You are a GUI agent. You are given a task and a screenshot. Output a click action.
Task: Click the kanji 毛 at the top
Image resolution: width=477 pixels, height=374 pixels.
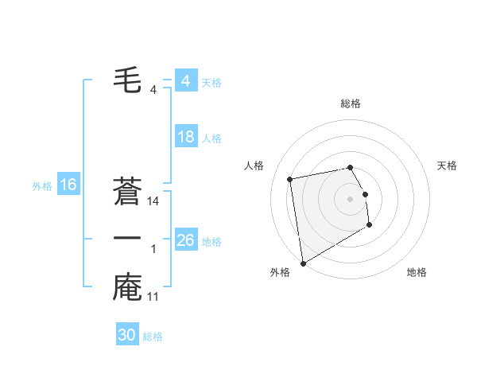128,80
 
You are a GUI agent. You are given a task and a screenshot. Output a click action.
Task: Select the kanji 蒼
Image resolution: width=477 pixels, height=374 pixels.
128,191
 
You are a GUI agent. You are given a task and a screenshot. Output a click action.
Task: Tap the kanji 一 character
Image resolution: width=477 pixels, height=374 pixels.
128,239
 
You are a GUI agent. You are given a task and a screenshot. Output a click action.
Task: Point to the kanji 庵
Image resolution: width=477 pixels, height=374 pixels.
128,287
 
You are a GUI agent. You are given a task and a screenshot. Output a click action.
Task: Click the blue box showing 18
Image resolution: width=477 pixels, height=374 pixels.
186,137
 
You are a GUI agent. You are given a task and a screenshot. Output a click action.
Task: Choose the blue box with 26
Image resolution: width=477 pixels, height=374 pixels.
186,240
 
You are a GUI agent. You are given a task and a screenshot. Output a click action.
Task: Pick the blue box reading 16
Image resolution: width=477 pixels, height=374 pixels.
68,185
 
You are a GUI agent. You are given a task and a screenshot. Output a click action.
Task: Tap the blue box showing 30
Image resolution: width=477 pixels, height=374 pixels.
127,335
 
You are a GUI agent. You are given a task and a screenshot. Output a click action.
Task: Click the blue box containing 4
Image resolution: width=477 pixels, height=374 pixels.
186,81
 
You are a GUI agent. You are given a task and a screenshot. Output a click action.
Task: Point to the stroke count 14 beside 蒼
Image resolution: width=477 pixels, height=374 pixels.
154,202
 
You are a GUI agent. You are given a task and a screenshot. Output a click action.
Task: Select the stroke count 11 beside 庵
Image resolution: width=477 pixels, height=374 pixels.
154,298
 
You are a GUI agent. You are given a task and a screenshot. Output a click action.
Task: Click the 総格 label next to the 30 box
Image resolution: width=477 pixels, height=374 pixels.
153,337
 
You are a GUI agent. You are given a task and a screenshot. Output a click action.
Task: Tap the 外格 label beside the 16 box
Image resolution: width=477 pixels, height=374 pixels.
42,186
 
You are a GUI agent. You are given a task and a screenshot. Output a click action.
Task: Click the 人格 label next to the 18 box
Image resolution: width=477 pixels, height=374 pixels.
211,138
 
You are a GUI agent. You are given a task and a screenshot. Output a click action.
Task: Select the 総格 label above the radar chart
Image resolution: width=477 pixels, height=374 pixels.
351,103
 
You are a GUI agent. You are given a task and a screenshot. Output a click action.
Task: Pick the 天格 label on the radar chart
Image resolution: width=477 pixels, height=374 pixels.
447,166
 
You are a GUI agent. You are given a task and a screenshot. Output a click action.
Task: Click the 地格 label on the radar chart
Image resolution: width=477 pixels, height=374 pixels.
417,272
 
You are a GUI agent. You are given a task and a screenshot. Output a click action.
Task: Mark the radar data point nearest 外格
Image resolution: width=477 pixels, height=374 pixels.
302,263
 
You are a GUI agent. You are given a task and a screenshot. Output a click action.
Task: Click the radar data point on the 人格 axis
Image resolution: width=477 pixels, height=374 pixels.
290,178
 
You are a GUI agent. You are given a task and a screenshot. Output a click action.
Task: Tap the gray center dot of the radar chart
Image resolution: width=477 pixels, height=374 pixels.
351,199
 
